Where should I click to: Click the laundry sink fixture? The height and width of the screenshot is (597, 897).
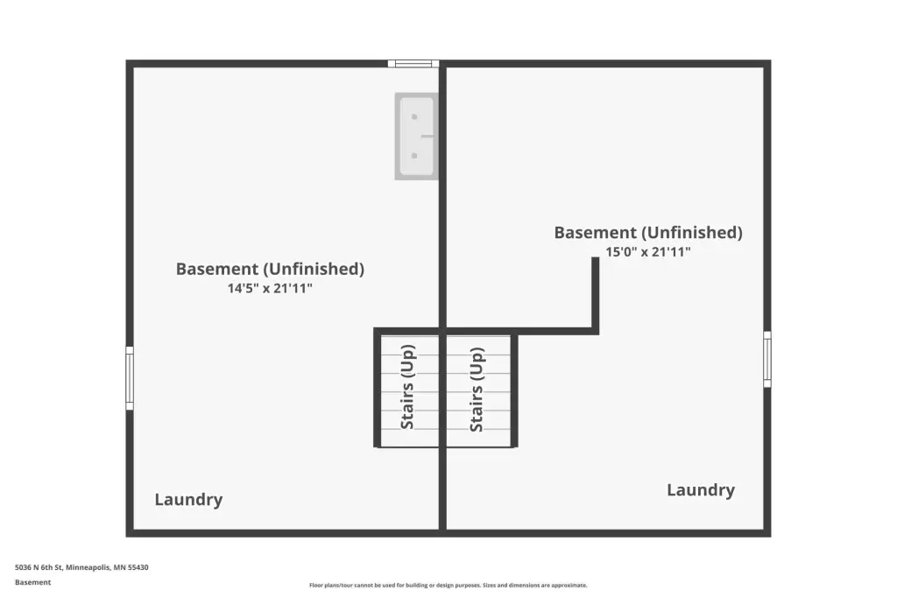tap(416, 137)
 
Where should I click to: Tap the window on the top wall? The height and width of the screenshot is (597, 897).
tap(413, 64)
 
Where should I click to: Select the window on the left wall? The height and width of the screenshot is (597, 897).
tap(130, 378)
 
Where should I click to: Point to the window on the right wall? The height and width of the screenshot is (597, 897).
tap(767, 359)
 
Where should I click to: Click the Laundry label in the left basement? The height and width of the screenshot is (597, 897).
tap(189, 500)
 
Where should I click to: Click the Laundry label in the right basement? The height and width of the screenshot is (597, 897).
tap(701, 490)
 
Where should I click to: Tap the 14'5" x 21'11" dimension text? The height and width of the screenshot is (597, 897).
tap(270, 288)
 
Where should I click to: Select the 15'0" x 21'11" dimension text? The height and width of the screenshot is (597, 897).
tap(648, 251)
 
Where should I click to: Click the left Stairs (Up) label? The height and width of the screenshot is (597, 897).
tap(407, 387)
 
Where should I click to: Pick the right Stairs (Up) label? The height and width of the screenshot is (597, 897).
tap(477, 390)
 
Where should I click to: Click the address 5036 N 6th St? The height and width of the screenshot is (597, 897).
tap(39, 568)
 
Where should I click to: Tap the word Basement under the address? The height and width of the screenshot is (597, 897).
tap(32, 582)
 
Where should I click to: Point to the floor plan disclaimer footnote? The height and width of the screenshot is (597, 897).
tap(448, 585)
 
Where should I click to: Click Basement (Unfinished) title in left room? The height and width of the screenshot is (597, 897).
tap(270, 269)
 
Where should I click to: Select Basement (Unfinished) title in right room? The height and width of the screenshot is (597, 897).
tap(648, 232)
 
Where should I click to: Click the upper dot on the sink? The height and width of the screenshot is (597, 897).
tap(414, 117)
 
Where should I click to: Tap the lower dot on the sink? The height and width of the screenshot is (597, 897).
tap(414, 156)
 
